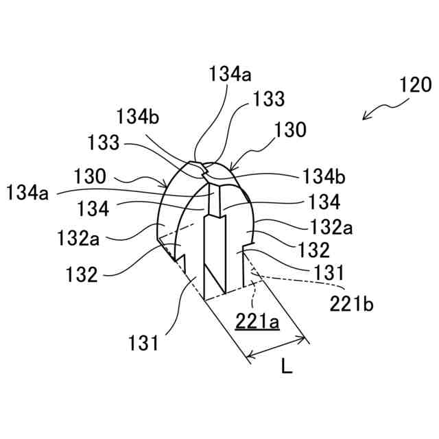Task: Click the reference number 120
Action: (x=416, y=86)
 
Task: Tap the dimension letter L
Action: (x=287, y=367)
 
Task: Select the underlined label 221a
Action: (x=257, y=320)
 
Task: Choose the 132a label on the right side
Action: (x=332, y=226)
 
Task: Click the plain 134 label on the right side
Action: (x=325, y=202)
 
